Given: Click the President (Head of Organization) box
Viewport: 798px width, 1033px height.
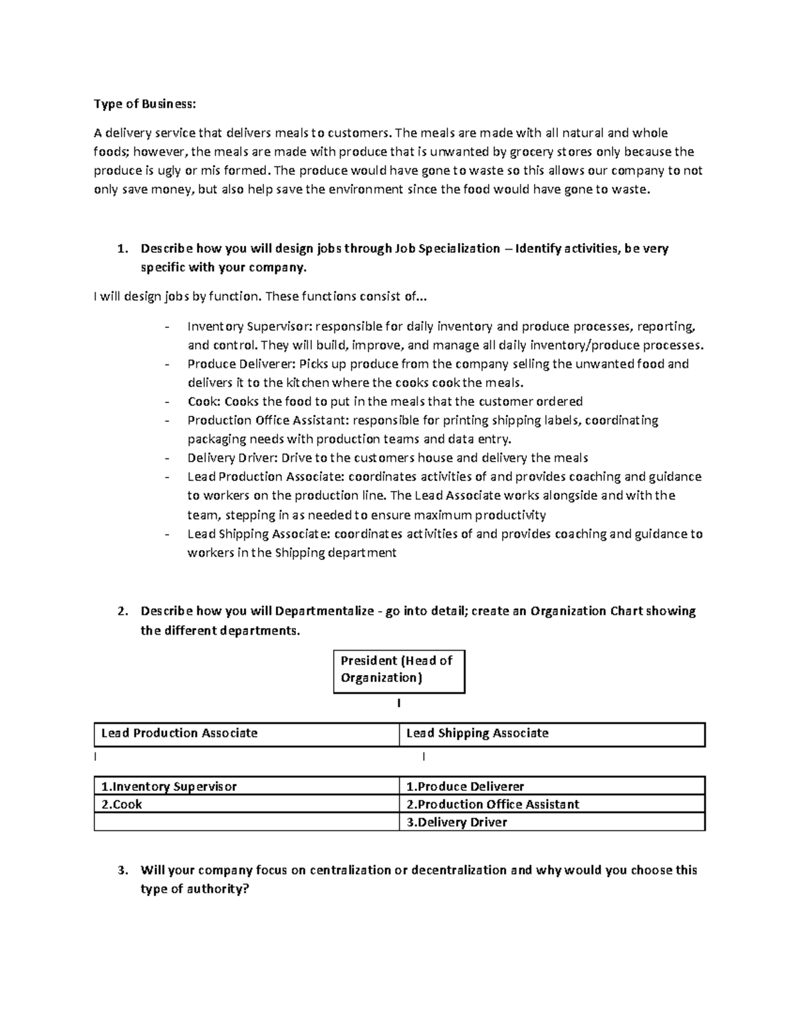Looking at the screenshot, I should click(x=398, y=670).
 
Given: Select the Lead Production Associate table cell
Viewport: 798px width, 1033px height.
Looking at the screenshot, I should click(x=246, y=734).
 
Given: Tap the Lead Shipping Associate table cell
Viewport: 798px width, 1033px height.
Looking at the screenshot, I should click(x=552, y=734).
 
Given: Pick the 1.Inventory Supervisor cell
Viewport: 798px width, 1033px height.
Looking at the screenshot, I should click(x=246, y=786).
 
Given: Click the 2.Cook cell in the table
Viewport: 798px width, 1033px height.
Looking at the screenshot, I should click(x=246, y=804).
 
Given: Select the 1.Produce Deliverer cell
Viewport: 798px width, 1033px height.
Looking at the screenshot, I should click(x=552, y=786).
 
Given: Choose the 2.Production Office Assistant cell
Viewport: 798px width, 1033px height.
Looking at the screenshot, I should click(x=552, y=804).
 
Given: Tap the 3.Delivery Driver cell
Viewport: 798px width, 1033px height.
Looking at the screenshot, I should click(x=552, y=822).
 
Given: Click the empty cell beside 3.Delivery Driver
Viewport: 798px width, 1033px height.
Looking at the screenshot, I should click(x=246, y=822).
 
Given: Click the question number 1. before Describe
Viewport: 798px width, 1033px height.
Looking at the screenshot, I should click(x=121, y=249).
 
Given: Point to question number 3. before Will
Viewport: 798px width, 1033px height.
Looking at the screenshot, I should click(x=121, y=870).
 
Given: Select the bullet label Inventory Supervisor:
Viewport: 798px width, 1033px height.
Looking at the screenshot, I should click(x=249, y=326).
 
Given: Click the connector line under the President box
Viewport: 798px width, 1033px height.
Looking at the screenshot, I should click(x=398, y=703).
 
